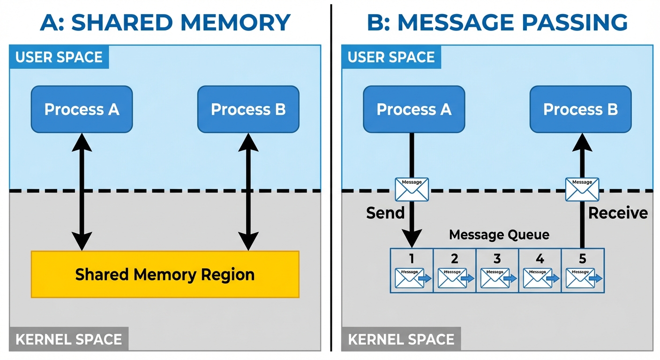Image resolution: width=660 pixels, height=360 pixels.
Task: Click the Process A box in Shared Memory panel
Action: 82,109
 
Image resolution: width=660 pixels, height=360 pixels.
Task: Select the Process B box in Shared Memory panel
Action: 248,109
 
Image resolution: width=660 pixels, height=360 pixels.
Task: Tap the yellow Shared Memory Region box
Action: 165,274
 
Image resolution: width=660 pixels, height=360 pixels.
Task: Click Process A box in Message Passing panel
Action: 414,109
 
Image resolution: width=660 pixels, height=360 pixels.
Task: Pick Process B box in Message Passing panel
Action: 580,109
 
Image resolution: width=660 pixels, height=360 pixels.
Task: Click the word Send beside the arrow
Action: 385,213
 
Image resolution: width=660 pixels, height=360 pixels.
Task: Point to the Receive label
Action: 617,213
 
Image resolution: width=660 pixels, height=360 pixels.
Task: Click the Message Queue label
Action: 499,234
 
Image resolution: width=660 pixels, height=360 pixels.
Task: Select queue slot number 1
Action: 412,270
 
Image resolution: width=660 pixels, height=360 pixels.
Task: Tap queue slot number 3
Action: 497,270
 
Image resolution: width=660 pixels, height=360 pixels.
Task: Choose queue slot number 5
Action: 583,270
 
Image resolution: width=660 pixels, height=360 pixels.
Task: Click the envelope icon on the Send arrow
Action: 412,189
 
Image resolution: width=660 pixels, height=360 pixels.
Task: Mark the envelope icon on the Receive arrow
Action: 582,189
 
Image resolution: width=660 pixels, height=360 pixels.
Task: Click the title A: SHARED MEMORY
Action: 165,22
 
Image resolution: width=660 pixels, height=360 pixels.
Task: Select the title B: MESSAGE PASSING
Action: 497,22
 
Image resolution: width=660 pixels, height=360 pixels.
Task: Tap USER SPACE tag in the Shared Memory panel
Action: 59,57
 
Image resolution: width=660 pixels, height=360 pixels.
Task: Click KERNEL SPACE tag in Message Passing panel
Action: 401,339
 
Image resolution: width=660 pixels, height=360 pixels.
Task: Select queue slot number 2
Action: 454,270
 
